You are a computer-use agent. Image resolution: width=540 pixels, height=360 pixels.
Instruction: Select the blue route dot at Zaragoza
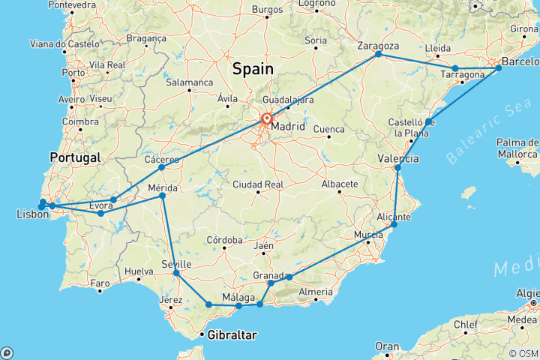coord(378,54)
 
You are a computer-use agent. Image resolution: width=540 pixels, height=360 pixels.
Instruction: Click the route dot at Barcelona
coord(498,68)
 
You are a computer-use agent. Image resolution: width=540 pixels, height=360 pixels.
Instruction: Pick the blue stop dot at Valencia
coord(398,168)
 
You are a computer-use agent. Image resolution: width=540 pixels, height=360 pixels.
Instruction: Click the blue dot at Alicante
coord(394,224)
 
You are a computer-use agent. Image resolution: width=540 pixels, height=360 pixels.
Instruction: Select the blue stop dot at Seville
coord(176,273)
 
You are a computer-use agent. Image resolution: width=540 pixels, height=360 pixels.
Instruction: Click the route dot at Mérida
coord(163,196)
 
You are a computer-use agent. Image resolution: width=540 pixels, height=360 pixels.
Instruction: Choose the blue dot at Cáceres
coord(161,167)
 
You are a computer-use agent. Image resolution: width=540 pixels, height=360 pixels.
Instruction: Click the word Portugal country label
coord(74,157)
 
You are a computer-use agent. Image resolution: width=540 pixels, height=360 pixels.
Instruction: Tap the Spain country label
coord(253,69)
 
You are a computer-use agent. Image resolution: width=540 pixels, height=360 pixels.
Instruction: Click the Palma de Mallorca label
coord(517,148)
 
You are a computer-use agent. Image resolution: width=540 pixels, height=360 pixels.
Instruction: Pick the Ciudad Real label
coord(257,184)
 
